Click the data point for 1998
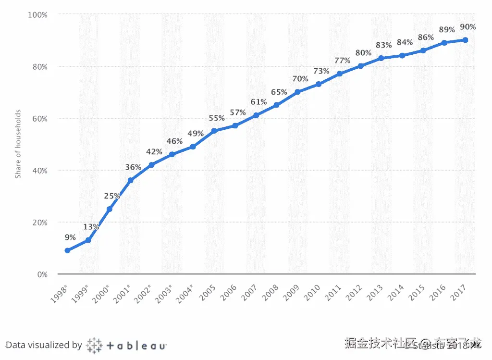point(67,250)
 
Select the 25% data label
point(112,196)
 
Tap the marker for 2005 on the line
point(214,131)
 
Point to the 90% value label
point(467,27)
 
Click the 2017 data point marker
point(465,40)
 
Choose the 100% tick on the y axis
point(37,15)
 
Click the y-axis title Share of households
point(18,144)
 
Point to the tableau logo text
point(136,346)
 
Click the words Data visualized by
point(44,345)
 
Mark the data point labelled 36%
point(130,180)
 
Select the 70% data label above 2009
point(300,79)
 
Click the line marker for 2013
point(381,58)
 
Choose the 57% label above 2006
point(238,112)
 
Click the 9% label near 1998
point(71,237)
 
